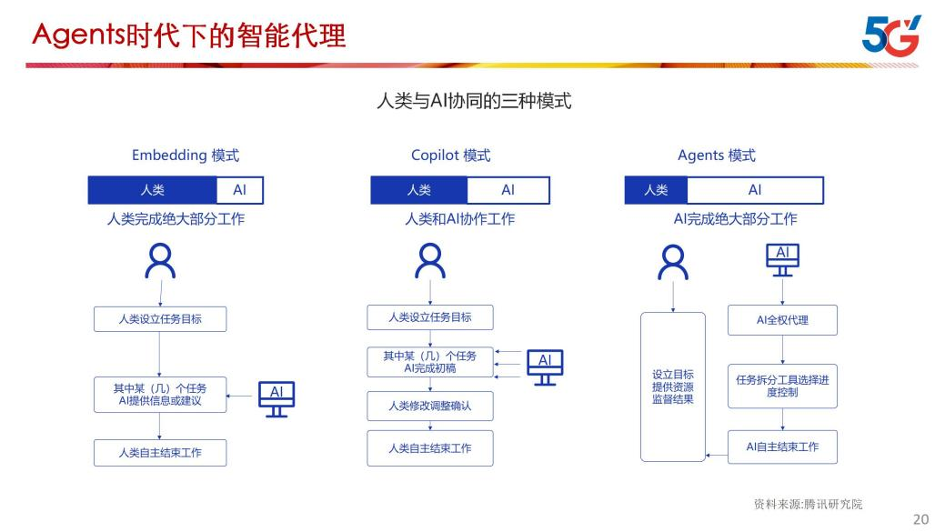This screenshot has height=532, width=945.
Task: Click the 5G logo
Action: [890, 35]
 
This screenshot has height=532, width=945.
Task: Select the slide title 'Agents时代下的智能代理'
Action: [189, 35]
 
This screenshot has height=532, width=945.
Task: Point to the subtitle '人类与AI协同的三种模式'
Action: [474, 101]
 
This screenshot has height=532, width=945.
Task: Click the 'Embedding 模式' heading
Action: [186, 156]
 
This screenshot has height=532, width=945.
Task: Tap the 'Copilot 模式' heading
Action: [450, 156]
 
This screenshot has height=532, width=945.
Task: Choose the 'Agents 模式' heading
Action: [716, 156]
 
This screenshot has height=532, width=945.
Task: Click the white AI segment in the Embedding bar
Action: [239, 190]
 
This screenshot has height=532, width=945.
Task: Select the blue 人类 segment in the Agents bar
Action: [656, 190]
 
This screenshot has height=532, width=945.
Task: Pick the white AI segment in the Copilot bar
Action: [508, 190]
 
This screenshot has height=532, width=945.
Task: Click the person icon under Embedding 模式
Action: [161, 261]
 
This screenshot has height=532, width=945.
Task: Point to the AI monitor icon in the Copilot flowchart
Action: [545, 366]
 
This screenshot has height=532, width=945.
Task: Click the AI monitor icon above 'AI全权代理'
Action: [782, 259]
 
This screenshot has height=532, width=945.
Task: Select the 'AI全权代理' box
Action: [782, 320]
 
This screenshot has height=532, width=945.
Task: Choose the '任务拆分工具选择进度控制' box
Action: [782, 386]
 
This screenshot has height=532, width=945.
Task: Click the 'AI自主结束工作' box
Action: [782, 447]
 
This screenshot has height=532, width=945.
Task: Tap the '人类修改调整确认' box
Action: [430, 406]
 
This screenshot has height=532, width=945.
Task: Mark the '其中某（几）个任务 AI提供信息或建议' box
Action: [159, 394]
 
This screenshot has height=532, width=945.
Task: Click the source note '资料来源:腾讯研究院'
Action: [808, 504]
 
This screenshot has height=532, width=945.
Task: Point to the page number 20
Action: [920, 519]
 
